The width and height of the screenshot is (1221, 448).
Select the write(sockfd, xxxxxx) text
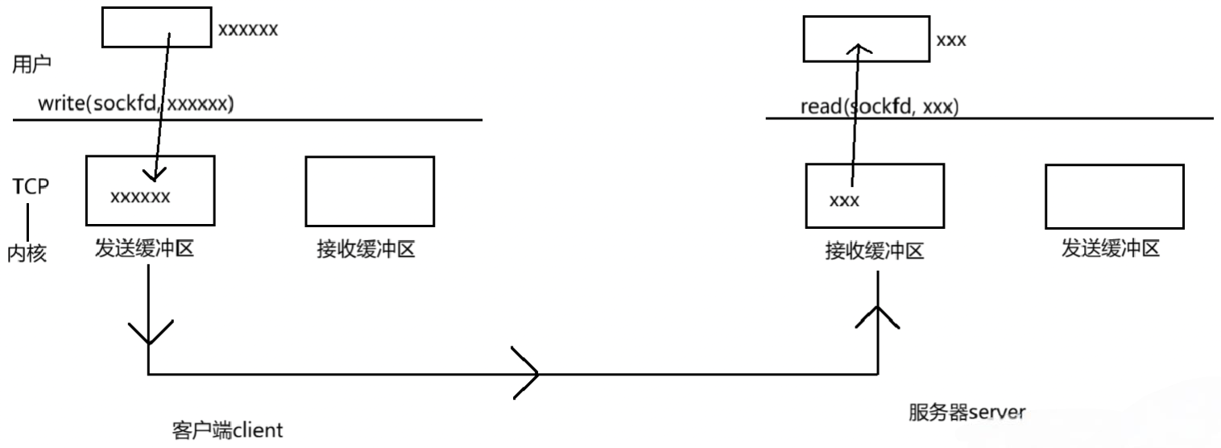(136, 105)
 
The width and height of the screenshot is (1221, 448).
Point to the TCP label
(31, 186)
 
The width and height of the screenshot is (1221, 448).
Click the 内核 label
(29, 254)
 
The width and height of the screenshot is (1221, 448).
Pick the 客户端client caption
(227, 429)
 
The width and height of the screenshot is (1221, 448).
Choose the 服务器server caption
(966, 413)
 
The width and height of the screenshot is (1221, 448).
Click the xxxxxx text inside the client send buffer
(140, 197)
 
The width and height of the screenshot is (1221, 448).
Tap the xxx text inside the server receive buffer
(844, 201)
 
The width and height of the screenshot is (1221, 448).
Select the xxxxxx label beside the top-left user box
(248, 30)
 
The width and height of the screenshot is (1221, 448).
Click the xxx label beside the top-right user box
(951, 39)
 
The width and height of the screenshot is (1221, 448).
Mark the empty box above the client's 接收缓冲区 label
(370, 190)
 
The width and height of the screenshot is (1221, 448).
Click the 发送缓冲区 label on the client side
(145, 250)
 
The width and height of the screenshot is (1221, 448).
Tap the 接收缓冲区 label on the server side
(874, 252)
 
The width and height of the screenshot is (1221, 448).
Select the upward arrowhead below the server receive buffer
(877, 317)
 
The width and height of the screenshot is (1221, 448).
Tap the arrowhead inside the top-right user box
(861, 50)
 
